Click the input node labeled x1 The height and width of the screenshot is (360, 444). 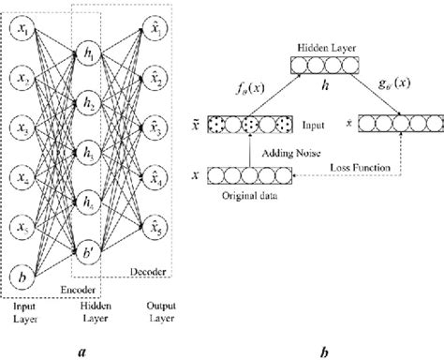coord(20,33)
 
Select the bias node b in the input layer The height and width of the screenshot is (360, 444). coord(20,277)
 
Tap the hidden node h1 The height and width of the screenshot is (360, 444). coord(91,55)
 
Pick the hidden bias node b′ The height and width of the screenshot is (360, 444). coord(91,248)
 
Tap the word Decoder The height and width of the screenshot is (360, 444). coord(149,273)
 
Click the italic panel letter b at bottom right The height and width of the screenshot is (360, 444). coord(323,348)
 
